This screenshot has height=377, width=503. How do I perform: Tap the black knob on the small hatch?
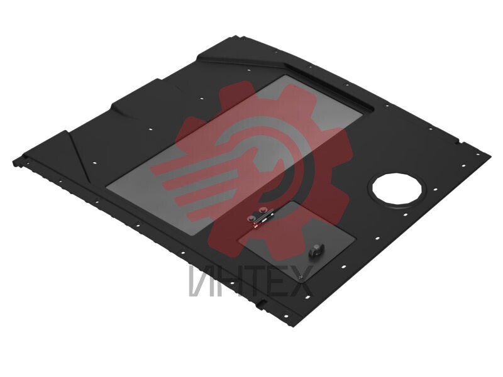pyautogui.click(x=316, y=249)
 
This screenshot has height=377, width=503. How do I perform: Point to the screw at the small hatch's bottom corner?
pyautogui.click(x=301, y=277)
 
